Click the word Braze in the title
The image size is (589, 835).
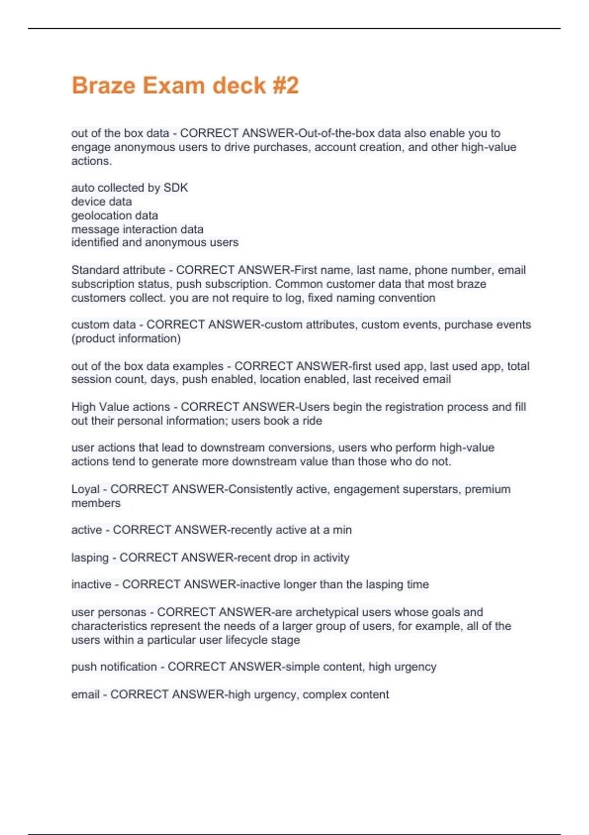pos(104,85)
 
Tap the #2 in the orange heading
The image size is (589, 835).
pos(284,85)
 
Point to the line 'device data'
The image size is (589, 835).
pos(102,201)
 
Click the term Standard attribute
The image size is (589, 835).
pos(118,270)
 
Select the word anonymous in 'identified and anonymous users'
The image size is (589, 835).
pos(180,243)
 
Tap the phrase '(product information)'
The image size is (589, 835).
pos(126,338)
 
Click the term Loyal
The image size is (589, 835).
pos(85,489)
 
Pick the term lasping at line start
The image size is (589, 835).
pos(90,557)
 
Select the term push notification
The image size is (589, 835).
pos(114,667)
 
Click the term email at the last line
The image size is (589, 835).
pos(85,695)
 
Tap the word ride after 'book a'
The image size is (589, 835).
pos(312,421)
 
